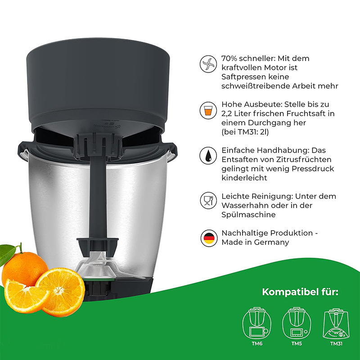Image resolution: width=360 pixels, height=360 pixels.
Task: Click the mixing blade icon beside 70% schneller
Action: point(208,64)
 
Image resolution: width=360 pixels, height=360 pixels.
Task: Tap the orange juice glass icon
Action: point(208,110)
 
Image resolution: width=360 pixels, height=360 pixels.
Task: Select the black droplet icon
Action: point(208,156)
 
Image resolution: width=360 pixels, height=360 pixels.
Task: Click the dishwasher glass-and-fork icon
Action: point(208,200)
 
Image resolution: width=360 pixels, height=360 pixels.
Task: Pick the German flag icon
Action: point(209,238)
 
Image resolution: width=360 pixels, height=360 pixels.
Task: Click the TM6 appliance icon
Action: point(257,323)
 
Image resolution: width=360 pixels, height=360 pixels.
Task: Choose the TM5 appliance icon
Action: point(297,323)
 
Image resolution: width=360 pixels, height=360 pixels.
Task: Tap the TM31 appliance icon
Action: point(336,324)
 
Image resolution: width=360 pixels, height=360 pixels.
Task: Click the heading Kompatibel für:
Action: point(300,292)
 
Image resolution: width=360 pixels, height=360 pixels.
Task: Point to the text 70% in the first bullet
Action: point(229,58)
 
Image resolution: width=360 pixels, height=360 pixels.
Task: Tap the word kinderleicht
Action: point(244,178)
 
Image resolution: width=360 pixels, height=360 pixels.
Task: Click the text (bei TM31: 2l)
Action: point(245,132)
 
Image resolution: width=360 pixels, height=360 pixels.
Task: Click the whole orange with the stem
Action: point(25,268)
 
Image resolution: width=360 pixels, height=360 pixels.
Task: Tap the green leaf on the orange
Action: point(7,254)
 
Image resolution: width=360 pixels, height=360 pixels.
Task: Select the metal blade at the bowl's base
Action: point(101,266)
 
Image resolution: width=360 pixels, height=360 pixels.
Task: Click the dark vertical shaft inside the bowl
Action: point(97,198)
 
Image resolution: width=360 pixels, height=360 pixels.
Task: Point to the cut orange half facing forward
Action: point(61,292)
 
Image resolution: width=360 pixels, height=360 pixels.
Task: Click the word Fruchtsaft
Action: point(305,113)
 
